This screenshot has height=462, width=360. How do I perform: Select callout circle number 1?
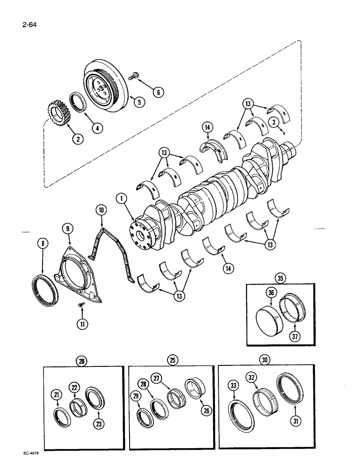pyautogui.click(x=121, y=200)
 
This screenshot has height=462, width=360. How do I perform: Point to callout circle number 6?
pyautogui.click(x=158, y=92)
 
